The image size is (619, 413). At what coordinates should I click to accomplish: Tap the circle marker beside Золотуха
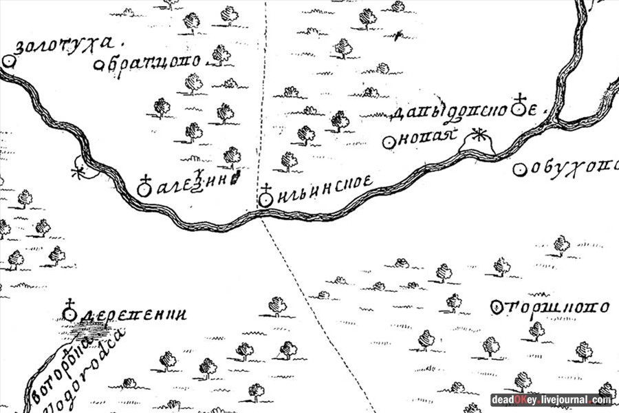pyautogui.click(x=9, y=61)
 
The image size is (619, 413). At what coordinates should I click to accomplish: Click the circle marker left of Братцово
pyautogui.click(x=99, y=66)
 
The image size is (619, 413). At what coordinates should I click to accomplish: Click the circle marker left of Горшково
pyautogui.click(x=497, y=308)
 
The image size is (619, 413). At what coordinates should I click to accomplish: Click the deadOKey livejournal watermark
pyautogui.click(x=551, y=400)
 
